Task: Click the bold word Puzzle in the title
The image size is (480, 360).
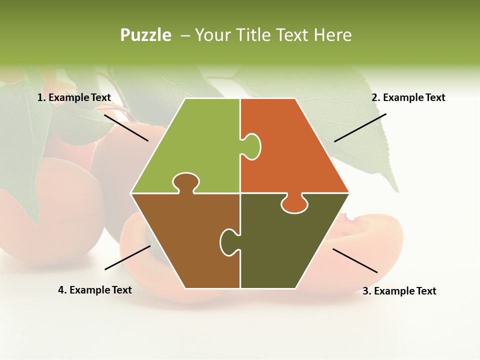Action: (145, 35)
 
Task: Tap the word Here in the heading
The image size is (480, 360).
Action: (332, 35)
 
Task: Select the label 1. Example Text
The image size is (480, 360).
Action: (74, 97)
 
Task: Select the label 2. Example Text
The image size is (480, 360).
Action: (408, 97)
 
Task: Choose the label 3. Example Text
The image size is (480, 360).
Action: (399, 291)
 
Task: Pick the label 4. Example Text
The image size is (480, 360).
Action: (95, 290)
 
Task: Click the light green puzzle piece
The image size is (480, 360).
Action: (195, 145)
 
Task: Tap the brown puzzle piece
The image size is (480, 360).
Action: (185, 240)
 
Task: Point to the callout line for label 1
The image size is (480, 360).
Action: (126, 127)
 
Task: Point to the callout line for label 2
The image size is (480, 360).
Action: (360, 127)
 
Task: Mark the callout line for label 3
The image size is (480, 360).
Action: (355, 260)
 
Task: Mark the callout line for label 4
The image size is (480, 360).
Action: (127, 257)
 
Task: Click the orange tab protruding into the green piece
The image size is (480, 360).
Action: (252, 146)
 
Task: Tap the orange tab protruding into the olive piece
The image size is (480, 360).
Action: (294, 204)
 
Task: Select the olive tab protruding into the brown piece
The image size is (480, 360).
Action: (228, 241)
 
